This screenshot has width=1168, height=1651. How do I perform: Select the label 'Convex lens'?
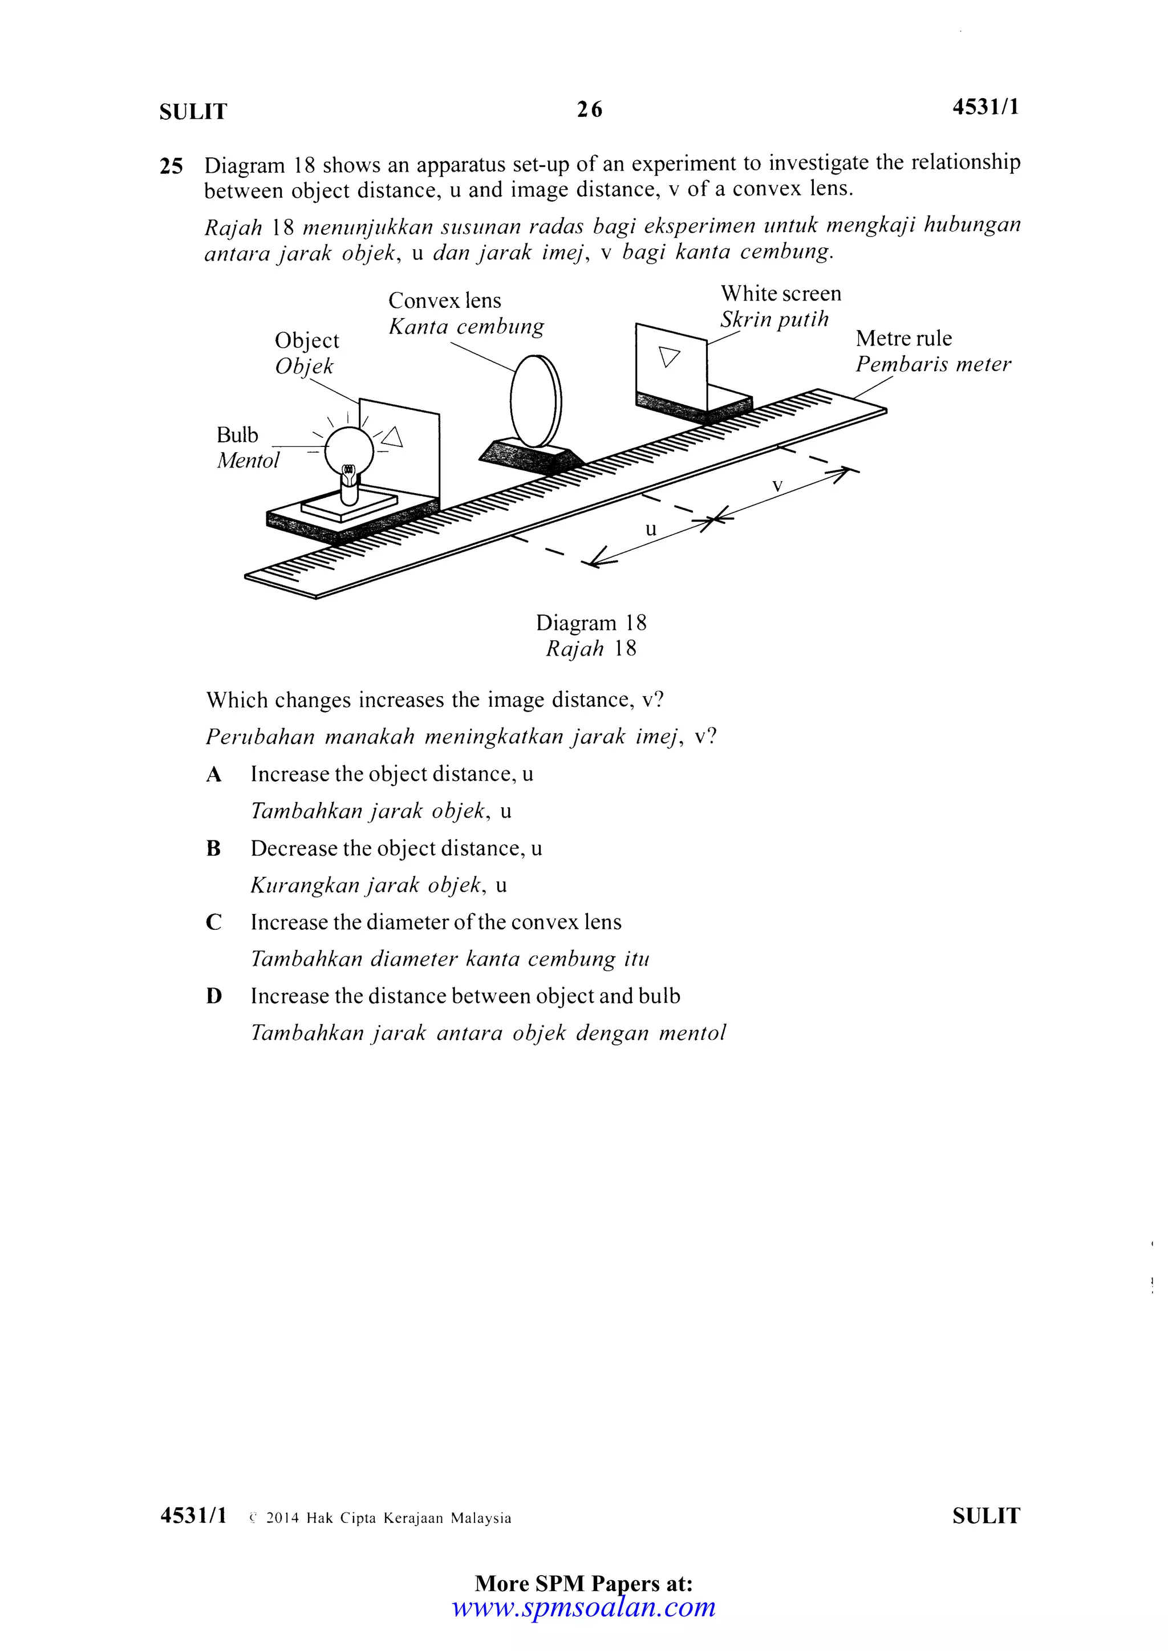(444, 300)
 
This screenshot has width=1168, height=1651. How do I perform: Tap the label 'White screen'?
(781, 294)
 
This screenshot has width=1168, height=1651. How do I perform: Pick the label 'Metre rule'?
(903, 338)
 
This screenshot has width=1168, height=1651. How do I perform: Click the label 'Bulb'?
(237, 435)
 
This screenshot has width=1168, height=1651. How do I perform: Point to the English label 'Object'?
(307, 340)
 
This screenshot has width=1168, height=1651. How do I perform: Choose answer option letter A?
(214, 774)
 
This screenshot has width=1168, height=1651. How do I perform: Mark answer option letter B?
(214, 848)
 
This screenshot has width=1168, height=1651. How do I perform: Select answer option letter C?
(214, 922)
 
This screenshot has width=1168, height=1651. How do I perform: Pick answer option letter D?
(214, 997)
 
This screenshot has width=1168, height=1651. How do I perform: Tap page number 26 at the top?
(590, 109)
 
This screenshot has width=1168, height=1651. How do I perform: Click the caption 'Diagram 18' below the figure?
(591, 623)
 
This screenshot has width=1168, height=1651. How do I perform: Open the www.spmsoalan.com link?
(583, 1607)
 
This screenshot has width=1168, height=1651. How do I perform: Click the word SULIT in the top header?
(193, 112)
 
